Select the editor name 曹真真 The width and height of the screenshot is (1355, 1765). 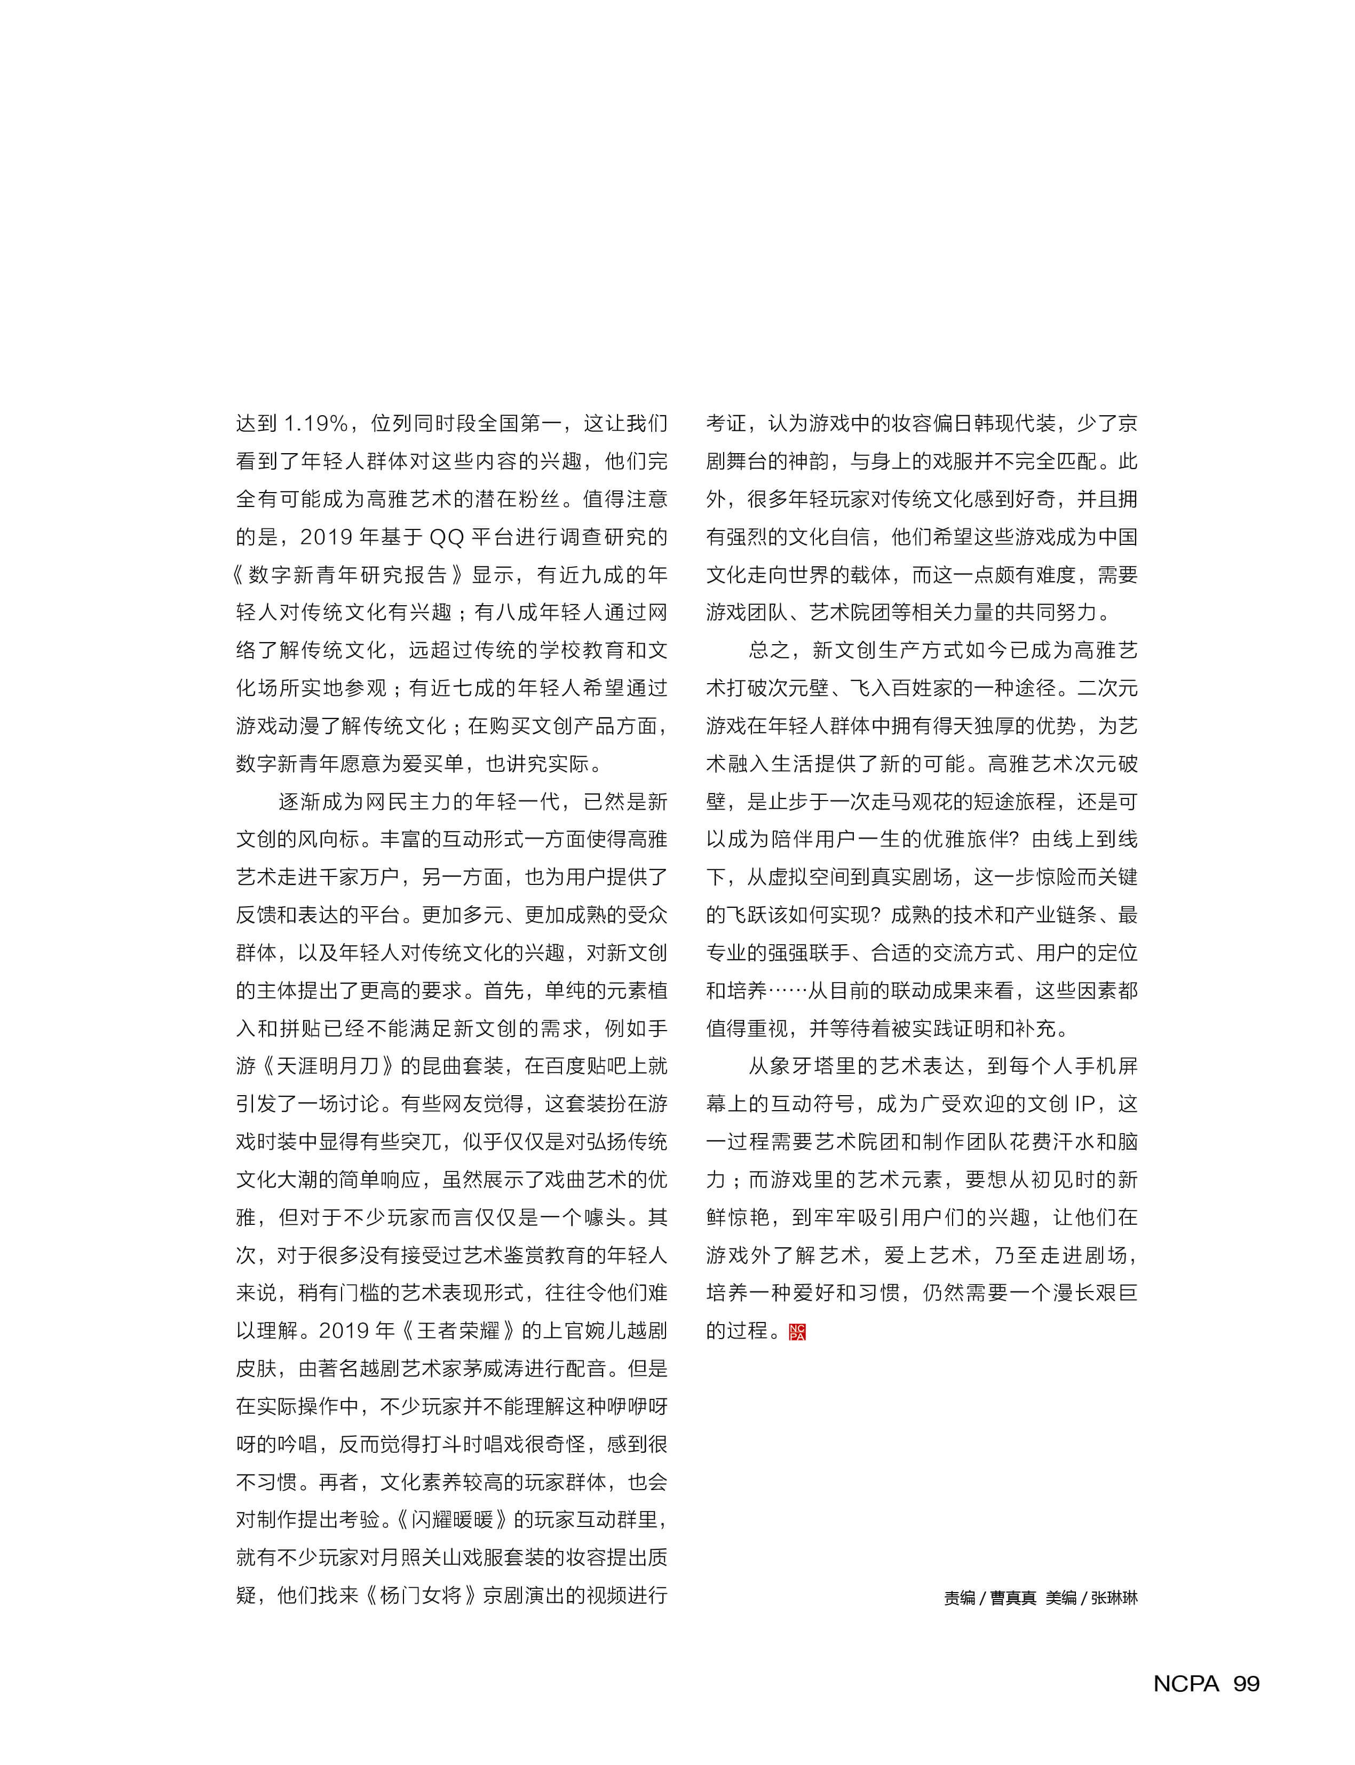click(x=1013, y=1598)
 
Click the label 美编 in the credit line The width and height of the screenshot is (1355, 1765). click(x=1060, y=1598)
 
